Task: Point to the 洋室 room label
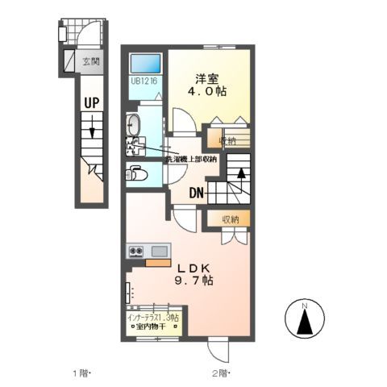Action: pyautogui.click(x=207, y=78)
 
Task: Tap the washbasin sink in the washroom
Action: pyautogui.click(x=133, y=125)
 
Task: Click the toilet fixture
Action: pyautogui.click(x=136, y=173)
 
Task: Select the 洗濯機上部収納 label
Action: pyautogui.click(x=191, y=159)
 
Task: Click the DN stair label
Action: pyautogui.click(x=196, y=193)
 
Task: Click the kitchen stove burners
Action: pyautogui.click(x=135, y=252)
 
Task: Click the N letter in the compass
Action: pyautogui.click(x=305, y=306)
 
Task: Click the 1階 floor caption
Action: pyautogui.click(x=82, y=373)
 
